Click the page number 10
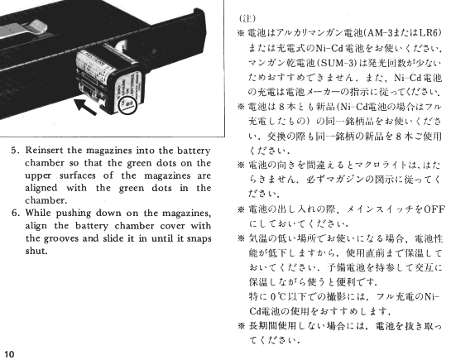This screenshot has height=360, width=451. pyautogui.click(x=9, y=354)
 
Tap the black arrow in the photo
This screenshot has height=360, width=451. pyautogui.click(x=85, y=107)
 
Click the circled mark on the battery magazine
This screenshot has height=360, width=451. pyautogui.click(x=128, y=104)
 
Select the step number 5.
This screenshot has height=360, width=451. pyautogui.click(x=15, y=151)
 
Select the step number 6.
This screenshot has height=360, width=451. pyautogui.click(x=15, y=213)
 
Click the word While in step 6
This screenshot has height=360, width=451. pyautogui.click(x=37, y=213)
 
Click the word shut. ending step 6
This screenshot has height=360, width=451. pyautogui.click(x=36, y=251)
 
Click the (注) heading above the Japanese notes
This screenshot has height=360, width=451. pyautogui.click(x=247, y=18)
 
